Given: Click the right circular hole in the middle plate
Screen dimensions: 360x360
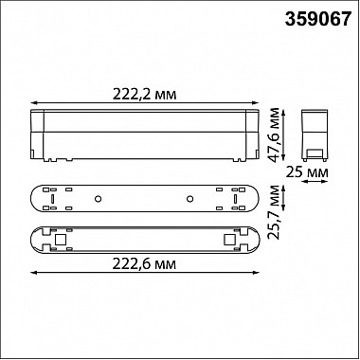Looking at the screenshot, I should click(x=189, y=198).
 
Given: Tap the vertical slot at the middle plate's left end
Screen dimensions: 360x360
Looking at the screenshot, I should click(x=45, y=198).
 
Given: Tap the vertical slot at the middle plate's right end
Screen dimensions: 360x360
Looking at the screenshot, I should click(x=243, y=198).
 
